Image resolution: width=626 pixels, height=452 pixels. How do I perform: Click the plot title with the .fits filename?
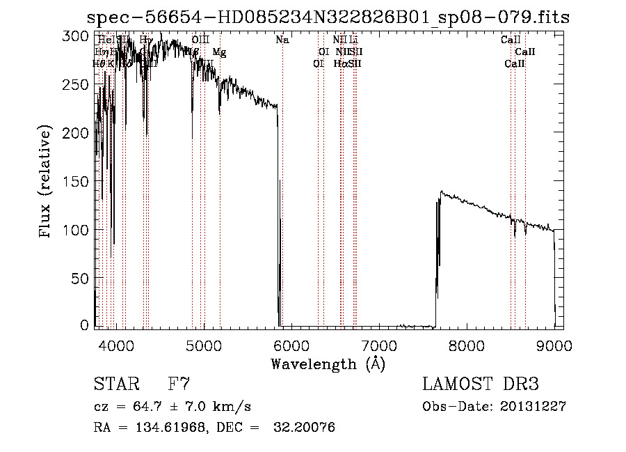point(328,18)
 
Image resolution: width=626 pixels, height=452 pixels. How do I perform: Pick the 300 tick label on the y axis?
point(79,36)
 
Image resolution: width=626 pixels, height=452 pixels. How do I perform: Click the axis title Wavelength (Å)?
point(328,364)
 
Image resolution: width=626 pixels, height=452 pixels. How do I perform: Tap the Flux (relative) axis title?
point(47,182)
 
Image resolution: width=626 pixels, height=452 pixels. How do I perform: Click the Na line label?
point(282,40)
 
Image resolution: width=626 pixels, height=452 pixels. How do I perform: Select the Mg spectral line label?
point(219,52)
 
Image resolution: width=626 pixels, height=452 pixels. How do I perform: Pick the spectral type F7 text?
point(179,384)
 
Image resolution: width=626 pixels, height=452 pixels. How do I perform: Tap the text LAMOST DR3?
point(481,384)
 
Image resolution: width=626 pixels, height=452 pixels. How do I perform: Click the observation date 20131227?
point(533,407)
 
